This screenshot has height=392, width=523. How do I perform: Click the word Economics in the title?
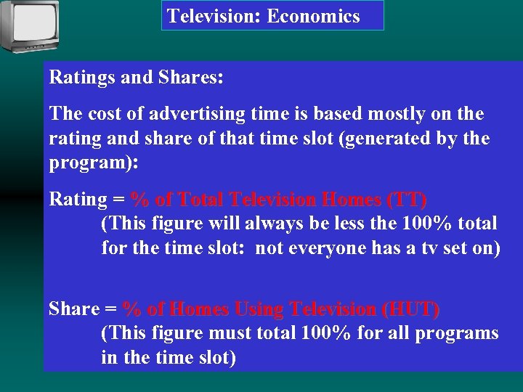[x=313, y=16]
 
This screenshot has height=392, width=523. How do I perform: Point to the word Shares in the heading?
[x=191, y=78]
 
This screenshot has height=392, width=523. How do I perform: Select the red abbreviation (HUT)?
[x=410, y=309]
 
